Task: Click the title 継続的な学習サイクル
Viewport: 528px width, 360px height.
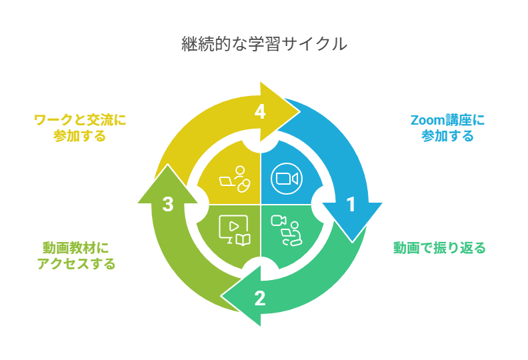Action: pyautogui.click(x=265, y=44)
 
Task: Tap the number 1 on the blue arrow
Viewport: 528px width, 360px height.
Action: pyautogui.click(x=351, y=204)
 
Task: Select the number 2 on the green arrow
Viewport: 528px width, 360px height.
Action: pyautogui.click(x=259, y=298)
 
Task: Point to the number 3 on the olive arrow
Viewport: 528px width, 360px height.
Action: pyautogui.click(x=168, y=204)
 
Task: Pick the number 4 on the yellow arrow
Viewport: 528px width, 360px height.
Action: pyautogui.click(x=260, y=111)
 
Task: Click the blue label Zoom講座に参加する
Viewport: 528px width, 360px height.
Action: pyautogui.click(x=447, y=128)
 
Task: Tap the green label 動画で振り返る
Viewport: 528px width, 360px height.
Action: pyautogui.click(x=439, y=248)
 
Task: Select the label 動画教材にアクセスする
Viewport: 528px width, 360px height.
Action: pyautogui.click(x=76, y=256)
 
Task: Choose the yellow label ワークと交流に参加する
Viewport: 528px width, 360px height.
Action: pyautogui.click(x=80, y=128)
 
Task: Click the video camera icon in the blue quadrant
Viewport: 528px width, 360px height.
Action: pyautogui.click(x=287, y=179)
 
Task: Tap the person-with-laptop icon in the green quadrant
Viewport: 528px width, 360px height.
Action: pyautogui.click(x=287, y=231)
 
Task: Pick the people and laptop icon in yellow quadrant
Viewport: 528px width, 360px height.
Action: pyautogui.click(x=235, y=179)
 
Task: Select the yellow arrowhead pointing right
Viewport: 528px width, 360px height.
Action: pyautogui.click(x=280, y=112)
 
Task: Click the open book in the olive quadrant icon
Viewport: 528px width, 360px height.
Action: pyautogui.click(x=243, y=239)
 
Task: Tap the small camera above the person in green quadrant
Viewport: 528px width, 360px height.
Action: pyautogui.click(x=279, y=221)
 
